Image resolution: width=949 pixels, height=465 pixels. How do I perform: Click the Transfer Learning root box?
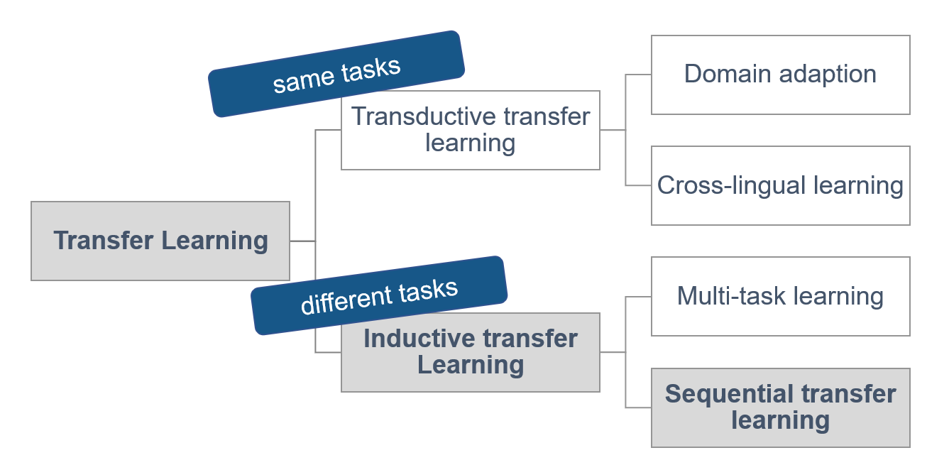pos(160,241)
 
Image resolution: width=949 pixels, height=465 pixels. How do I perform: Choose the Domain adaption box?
pos(780,75)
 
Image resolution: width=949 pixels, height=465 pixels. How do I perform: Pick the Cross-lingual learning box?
pos(780,185)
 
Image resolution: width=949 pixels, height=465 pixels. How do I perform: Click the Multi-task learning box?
pos(780,296)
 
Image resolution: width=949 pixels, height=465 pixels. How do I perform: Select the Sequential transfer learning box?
pos(780,407)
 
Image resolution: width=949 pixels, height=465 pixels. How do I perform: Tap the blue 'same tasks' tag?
pos(336,73)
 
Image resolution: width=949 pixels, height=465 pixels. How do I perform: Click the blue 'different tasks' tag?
pos(380,295)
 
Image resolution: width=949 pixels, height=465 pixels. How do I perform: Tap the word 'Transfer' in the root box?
pos(104,241)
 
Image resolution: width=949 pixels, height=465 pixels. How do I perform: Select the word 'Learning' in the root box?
pos(215,241)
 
